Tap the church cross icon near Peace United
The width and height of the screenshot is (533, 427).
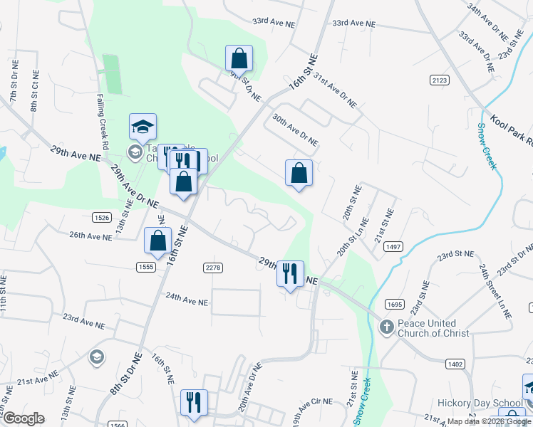coord(386,327)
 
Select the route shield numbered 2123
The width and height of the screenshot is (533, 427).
coord(440,80)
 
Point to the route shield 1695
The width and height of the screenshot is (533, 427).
coord(394,305)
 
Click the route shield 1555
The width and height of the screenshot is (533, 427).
coord(147,266)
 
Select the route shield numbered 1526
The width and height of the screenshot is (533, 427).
coord(102,217)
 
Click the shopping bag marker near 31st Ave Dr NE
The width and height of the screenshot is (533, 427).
coord(299,173)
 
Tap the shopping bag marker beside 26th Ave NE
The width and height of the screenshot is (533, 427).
coord(157,241)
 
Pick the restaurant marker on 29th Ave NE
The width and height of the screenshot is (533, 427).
coord(290,273)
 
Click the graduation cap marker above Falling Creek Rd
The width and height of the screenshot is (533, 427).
coord(143,127)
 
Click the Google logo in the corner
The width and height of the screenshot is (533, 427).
coord(24,418)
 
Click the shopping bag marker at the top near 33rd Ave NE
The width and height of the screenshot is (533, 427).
coord(239,58)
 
